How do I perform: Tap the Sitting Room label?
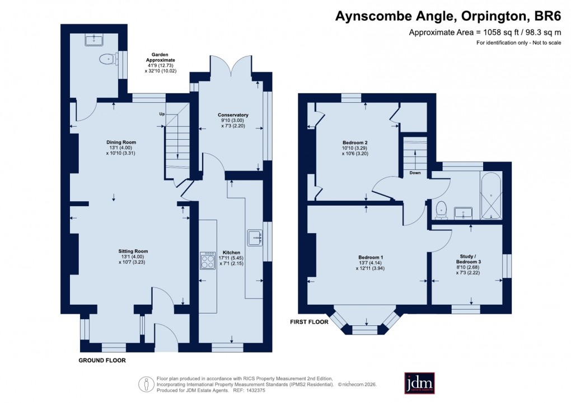point(133,251)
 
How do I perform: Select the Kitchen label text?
point(231,253)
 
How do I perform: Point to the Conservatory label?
point(233,115)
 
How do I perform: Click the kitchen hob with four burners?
point(208,261)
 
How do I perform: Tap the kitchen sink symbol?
point(255,238)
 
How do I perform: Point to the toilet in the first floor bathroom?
point(441,208)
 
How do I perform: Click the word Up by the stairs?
point(162,114)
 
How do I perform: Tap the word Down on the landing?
point(415,173)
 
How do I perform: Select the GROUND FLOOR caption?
point(102,361)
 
